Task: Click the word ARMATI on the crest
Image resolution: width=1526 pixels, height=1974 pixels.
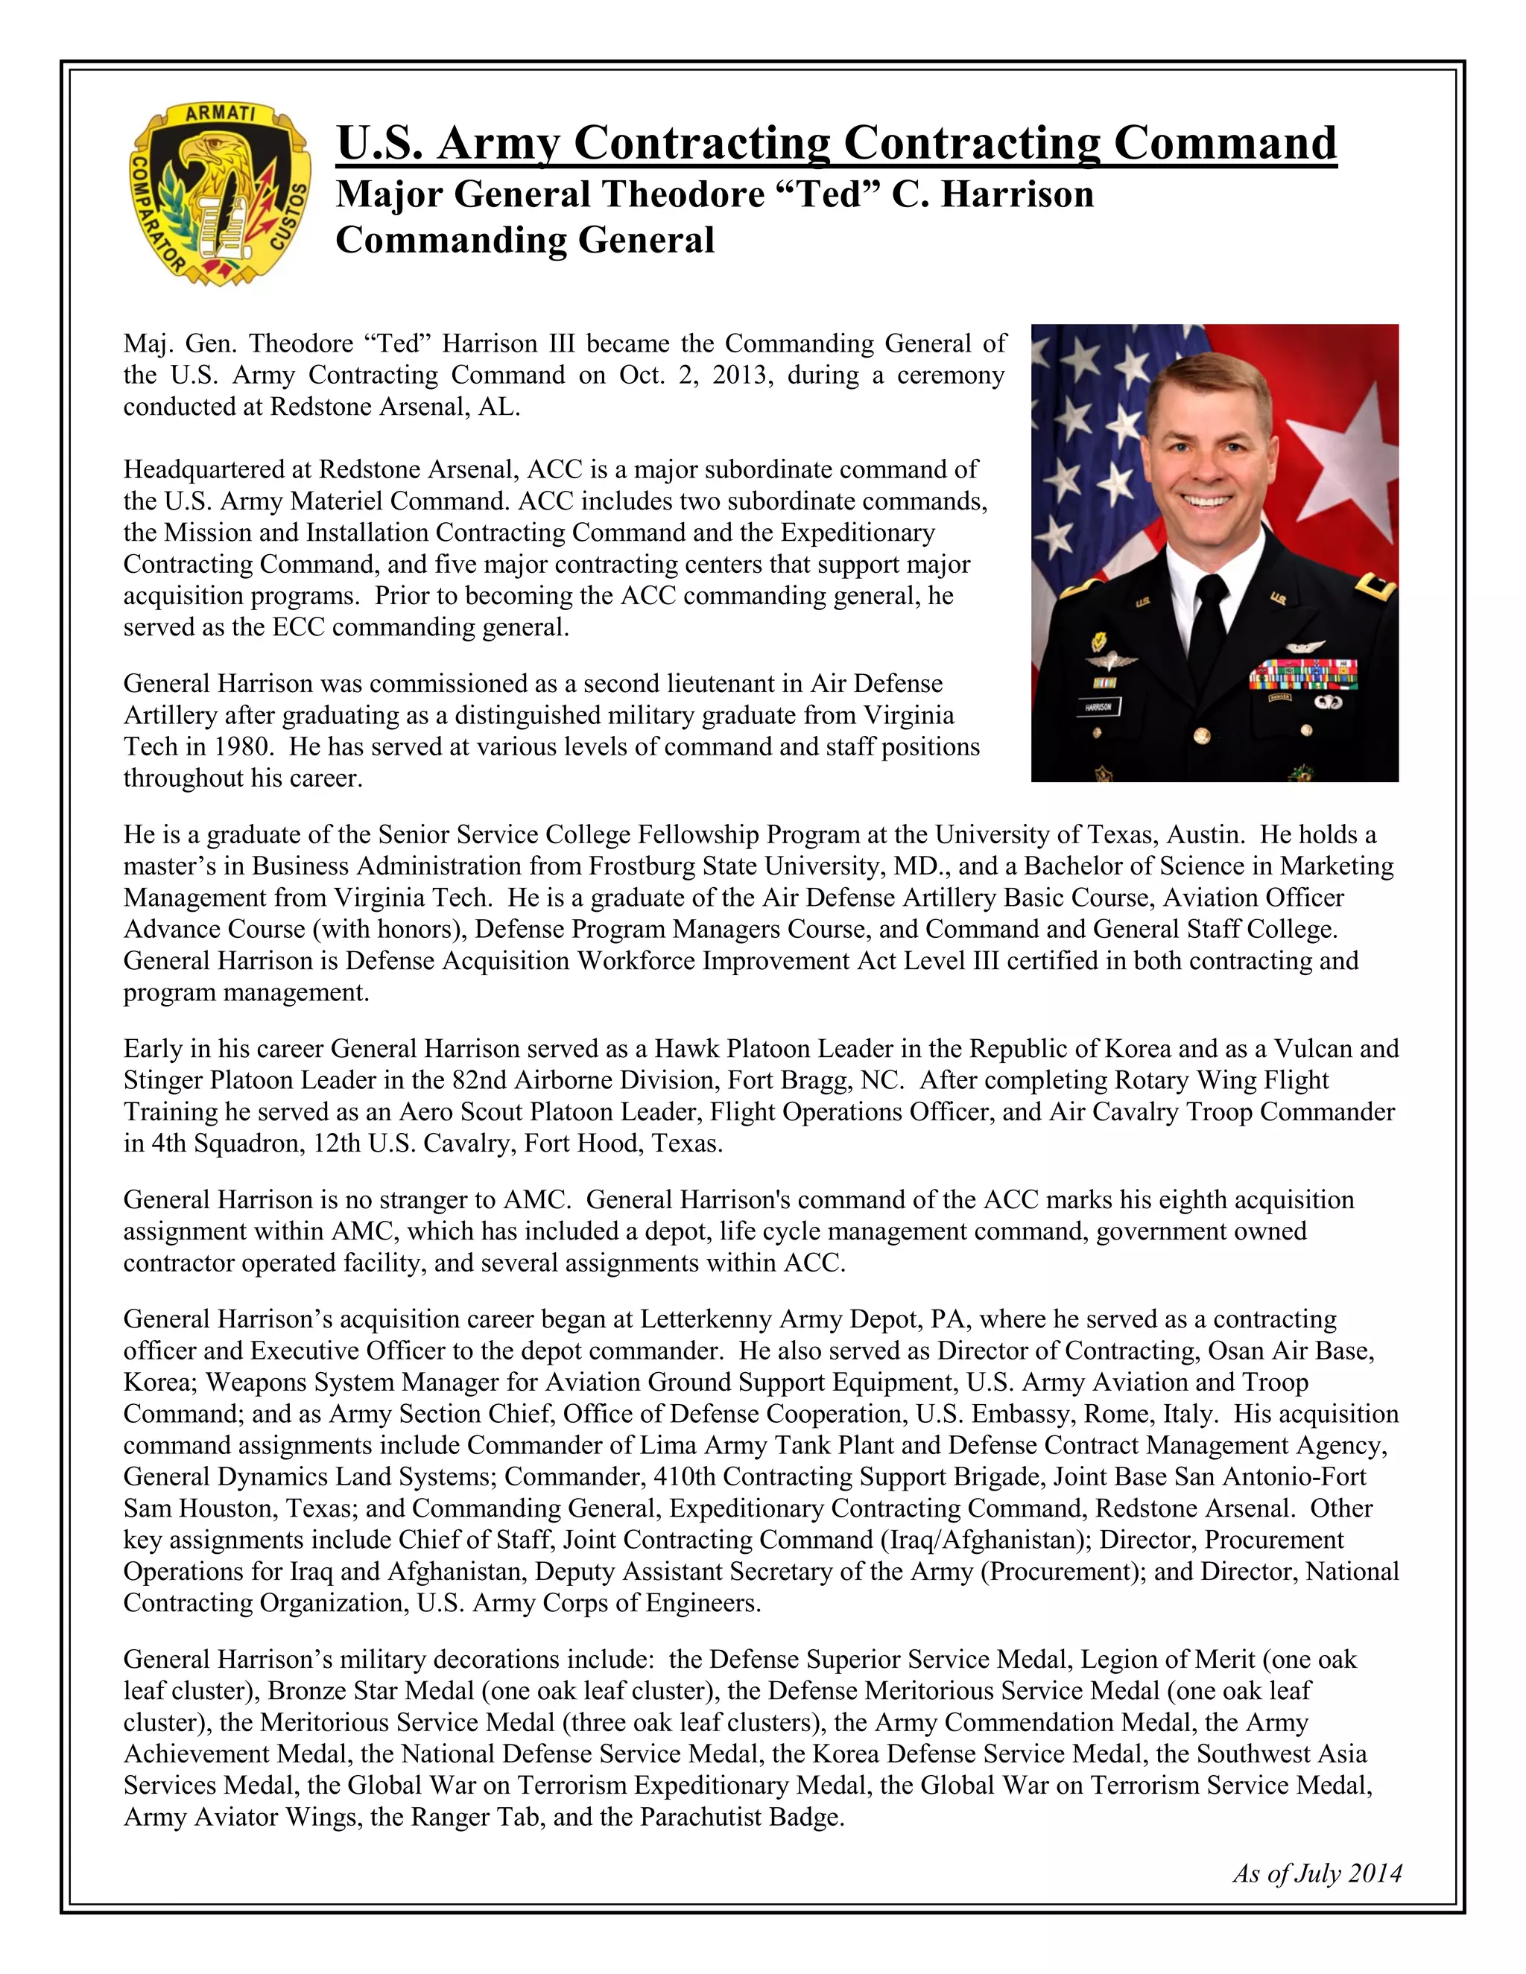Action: [220, 115]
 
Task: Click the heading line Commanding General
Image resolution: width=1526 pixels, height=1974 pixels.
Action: [525, 241]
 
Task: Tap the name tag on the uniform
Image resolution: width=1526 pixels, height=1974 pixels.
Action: [1098, 707]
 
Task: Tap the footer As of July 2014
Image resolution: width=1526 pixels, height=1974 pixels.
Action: [1317, 1873]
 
